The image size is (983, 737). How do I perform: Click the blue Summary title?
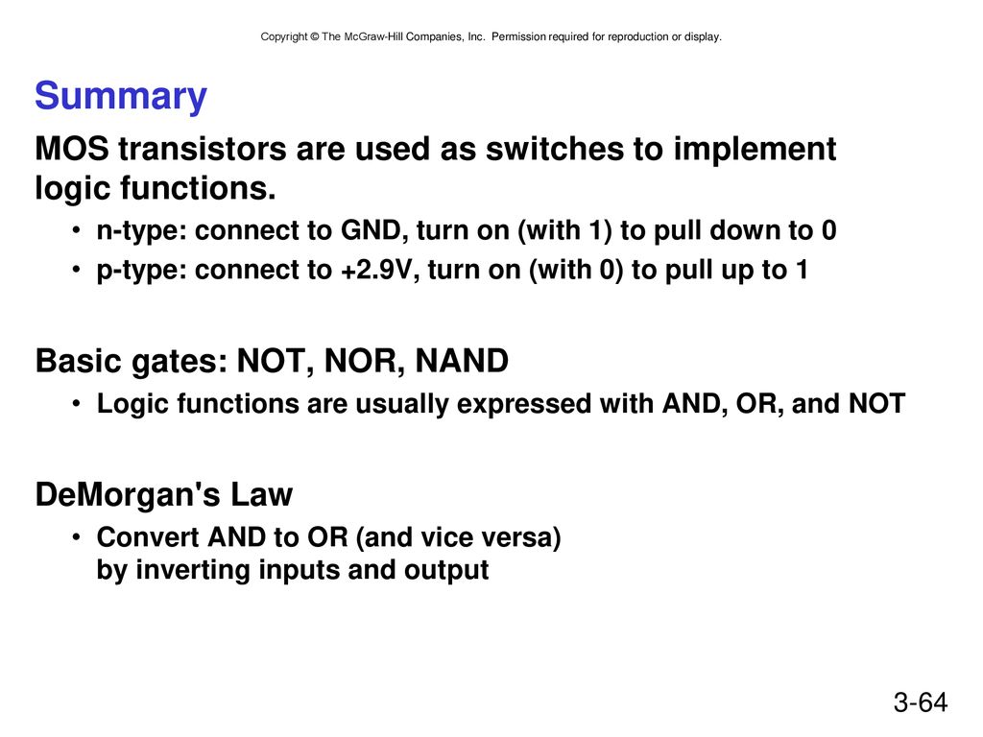(120, 97)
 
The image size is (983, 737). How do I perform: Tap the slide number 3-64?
(921, 701)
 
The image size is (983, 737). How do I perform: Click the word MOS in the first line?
(71, 149)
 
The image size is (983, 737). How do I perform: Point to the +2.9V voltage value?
(380, 270)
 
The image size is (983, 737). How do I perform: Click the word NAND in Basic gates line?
(462, 361)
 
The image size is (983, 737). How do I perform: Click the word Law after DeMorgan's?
(261, 494)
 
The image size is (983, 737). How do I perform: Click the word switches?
(555, 149)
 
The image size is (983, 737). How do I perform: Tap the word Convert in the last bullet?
(148, 537)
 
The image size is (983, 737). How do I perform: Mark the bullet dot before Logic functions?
(76, 404)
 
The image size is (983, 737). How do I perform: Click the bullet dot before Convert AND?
(76, 537)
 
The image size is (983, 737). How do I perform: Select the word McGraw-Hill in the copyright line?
(373, 37)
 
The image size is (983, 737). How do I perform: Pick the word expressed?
(523, 405)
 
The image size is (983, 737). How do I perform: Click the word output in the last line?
(446, 571)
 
